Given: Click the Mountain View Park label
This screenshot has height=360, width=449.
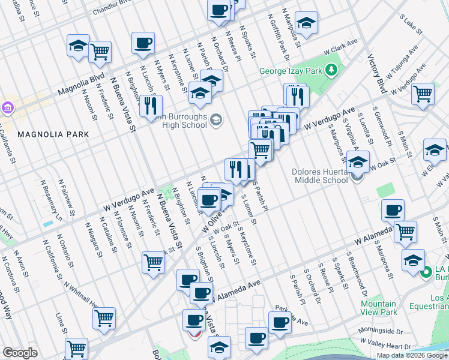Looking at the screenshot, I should pos(379,308).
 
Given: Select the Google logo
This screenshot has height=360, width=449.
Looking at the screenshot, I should pos(20,353).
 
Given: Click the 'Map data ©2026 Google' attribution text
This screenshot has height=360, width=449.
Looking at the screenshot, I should pos(412,355).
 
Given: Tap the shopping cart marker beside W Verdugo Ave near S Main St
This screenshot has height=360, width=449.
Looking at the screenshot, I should pos(423,94).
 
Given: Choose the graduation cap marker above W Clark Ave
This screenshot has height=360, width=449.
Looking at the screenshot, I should pos(307,23).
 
